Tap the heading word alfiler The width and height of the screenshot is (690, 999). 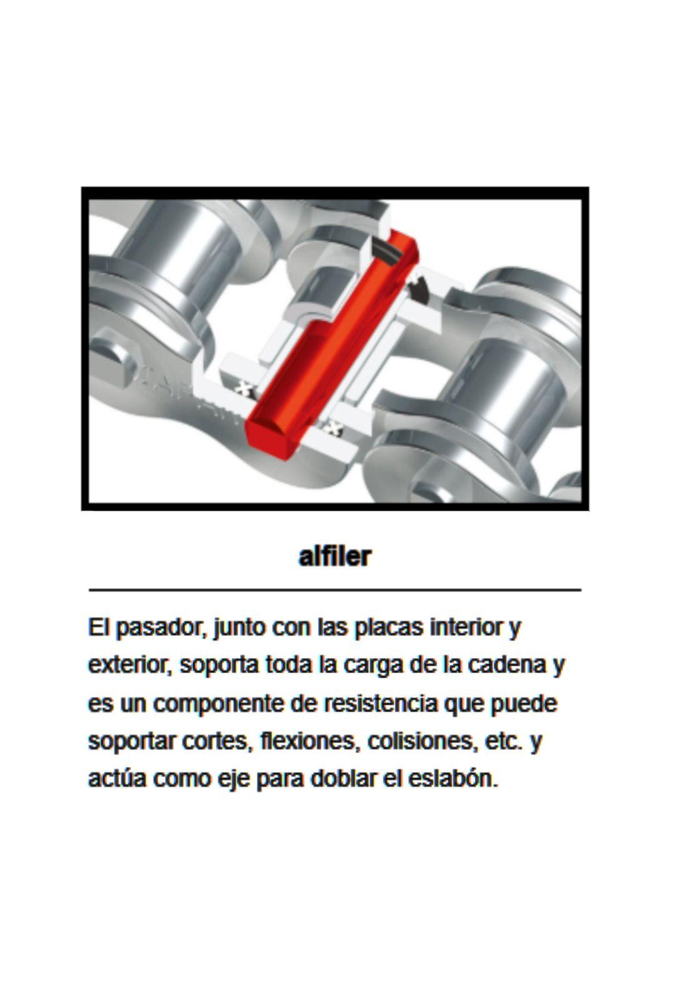335,556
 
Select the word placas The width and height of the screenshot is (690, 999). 389,627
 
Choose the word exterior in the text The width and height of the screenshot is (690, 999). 129,665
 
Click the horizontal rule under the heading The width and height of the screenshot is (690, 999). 335,589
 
